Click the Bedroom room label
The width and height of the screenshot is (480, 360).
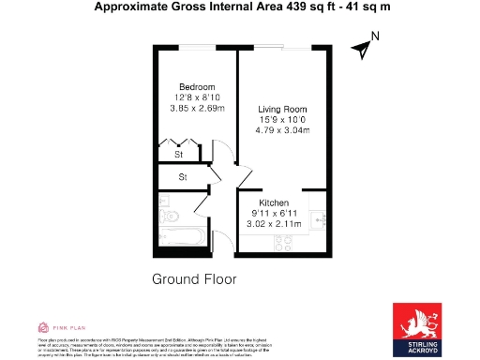197,87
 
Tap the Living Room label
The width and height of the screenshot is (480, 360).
282,109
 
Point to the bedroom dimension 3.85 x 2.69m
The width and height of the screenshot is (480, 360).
197,108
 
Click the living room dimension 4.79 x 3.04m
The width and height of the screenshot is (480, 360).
282,130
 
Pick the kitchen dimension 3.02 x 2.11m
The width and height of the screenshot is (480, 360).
267,224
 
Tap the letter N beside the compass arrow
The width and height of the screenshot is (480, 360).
374,37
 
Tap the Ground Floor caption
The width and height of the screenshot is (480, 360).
194,278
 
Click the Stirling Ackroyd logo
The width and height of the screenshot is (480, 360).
419,327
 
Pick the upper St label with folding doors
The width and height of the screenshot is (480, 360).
179,153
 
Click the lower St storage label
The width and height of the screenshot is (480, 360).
183,175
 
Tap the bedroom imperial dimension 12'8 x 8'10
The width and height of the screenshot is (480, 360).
197,97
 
